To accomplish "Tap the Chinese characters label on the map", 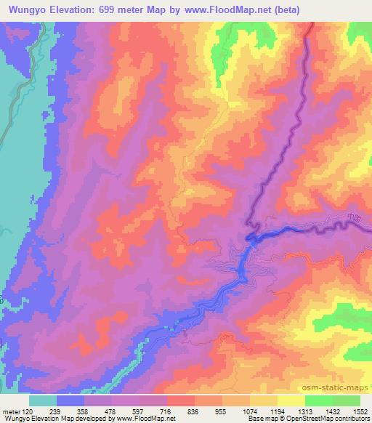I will [352, 217].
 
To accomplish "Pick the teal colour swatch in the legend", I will [43, 400].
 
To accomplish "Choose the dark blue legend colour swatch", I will [70, 400].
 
